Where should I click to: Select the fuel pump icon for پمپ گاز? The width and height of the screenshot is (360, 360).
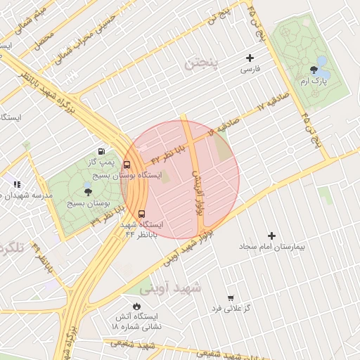[102, 150]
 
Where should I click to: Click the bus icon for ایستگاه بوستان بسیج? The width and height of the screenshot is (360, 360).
[127, 165]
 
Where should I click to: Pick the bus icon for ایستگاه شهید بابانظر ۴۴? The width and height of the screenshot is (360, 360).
[142, 214]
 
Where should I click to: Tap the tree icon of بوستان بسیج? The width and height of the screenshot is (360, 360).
[87, 191]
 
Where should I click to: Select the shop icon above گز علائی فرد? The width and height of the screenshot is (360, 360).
[231, 297]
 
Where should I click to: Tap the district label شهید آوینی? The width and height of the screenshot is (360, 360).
[170, 288]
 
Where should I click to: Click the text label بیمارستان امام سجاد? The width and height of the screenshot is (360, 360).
[271, 247]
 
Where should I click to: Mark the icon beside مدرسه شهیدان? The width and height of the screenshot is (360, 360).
[15, 184]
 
